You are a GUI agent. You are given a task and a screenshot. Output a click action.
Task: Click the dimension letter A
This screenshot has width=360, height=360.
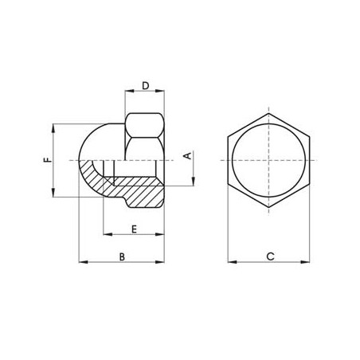tap(187, 157)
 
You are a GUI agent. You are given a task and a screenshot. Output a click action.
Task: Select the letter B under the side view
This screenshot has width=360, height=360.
tap(121, 256)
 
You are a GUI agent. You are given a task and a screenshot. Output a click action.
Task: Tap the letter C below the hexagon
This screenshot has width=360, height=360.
tap(270, 256)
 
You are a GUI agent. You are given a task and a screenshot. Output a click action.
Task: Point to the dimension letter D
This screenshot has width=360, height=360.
tap(145, 85)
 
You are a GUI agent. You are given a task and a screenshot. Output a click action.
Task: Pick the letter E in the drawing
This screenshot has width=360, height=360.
tap(133, 229)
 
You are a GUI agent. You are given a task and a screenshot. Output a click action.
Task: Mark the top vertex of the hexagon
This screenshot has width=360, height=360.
tap(270, 110)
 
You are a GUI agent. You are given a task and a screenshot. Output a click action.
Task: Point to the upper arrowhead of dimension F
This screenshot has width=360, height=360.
tap(53, 126)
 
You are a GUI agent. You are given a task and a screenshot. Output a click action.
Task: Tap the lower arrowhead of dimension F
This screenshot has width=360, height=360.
tap(53, 195)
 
